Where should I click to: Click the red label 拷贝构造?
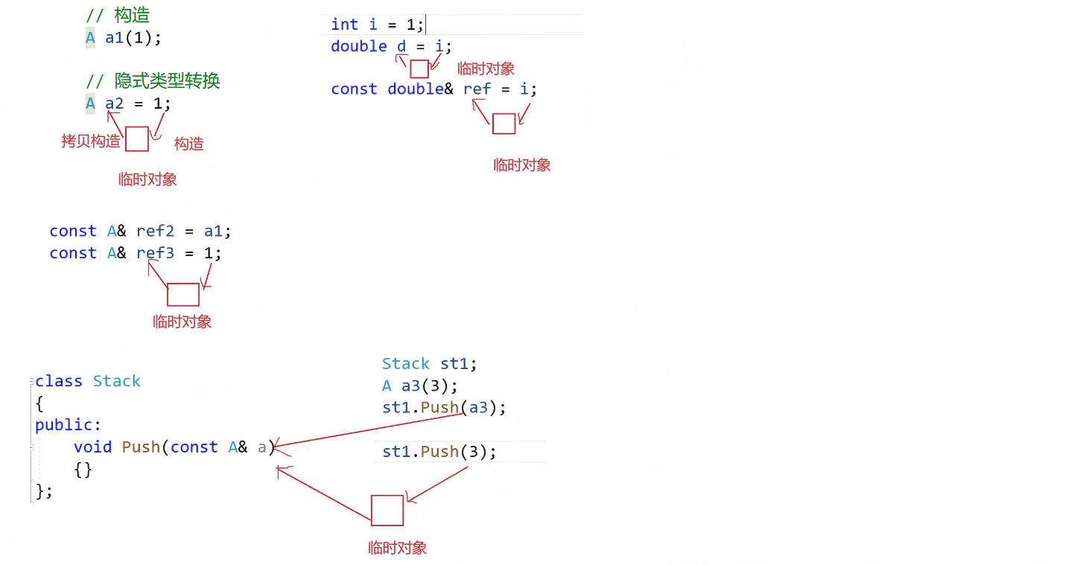[x=90, y=141]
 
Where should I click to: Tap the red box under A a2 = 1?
[x=136, y=139]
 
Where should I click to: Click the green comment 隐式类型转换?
[x=168, y=80]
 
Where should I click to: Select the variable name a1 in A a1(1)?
[x=114, y=37]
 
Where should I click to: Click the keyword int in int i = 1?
[x=344, y=25]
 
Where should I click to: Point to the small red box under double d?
[x=419, y=69]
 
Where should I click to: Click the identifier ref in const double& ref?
[x=477, y=89]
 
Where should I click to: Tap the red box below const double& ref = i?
[x=504, y=124]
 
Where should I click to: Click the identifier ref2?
[x=155, y=232]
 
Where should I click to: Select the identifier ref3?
[x=155, y=253]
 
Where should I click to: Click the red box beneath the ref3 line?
[x=182, y=295]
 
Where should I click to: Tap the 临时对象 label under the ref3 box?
[x=182, y=322]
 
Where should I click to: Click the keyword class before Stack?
[x=58, y=381]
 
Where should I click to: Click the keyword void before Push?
[x=92, y=447]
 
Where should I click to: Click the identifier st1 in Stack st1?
[x=454, y=364]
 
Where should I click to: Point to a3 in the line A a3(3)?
[x=410, y=386]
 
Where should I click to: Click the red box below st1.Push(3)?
[x=387, y=511]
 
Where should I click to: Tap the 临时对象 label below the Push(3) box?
[x=397, y=549]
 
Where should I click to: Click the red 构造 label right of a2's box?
[x=188, y=144]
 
